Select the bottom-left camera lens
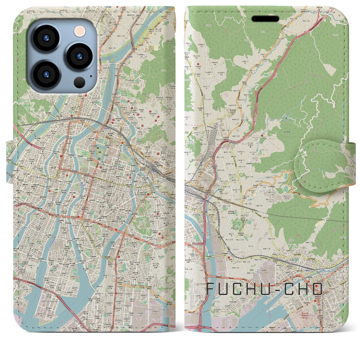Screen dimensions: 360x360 pyautogui.click(x=46, y=74)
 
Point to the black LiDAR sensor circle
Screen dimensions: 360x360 pyautogui.click(x=80, y=82)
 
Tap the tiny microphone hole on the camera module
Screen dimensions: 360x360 pyautogui.click(x=91, y=76)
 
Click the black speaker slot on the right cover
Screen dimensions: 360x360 pyautogui.click(x=265, y=19)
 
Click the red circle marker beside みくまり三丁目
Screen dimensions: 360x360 pyautogui.click(x=262, y=136)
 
